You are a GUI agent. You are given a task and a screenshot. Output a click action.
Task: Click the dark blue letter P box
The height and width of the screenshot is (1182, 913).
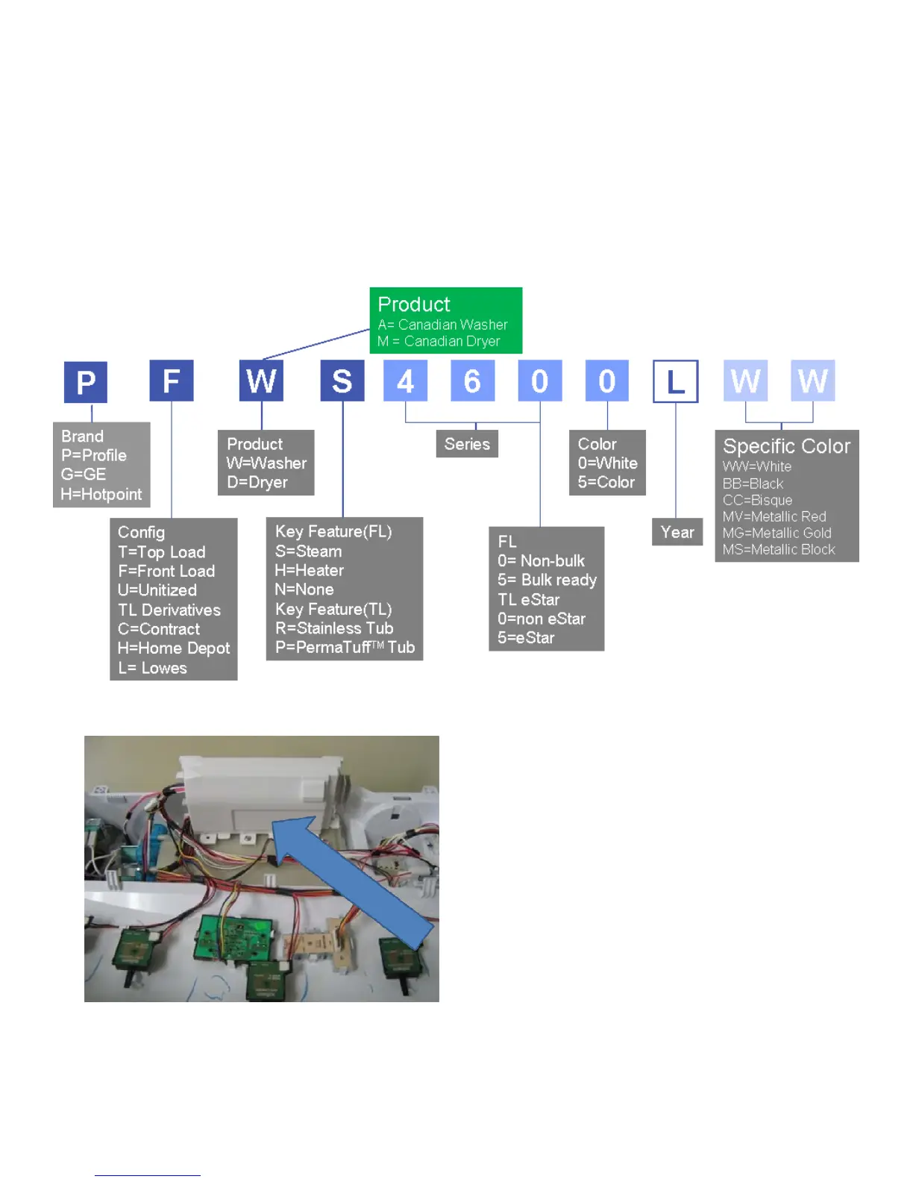86,382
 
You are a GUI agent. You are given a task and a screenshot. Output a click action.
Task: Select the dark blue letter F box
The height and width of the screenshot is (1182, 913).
172,381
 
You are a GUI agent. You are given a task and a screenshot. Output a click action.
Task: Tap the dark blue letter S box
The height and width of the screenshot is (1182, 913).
342,381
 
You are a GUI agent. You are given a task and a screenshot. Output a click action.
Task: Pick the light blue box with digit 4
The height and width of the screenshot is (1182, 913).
405,381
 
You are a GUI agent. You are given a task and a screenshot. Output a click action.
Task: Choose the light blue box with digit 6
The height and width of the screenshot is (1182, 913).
472,381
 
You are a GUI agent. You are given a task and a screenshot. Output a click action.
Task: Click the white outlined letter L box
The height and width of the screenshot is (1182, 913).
676,381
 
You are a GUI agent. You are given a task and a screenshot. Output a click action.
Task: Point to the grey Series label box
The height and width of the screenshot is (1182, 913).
467,444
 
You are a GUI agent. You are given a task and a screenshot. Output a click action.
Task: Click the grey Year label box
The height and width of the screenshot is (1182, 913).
677,532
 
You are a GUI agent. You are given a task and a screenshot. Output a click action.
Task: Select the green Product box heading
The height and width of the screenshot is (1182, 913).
414,304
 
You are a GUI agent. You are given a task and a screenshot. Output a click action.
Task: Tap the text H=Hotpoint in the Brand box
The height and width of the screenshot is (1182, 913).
101,494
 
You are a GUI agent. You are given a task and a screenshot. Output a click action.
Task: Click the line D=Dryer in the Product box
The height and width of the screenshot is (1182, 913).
257,482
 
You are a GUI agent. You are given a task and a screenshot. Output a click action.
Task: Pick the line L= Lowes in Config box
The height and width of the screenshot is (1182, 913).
153,668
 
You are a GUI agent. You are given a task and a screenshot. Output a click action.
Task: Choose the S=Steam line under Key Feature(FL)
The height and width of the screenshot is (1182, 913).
309,551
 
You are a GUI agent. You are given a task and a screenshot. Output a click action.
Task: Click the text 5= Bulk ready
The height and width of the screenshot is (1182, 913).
548,580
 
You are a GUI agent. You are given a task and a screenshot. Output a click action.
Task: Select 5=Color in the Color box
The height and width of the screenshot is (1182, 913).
606,482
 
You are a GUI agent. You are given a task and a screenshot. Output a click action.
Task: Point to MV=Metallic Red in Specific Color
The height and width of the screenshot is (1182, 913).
774,516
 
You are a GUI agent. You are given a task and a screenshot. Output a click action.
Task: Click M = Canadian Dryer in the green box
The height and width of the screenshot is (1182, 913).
439,341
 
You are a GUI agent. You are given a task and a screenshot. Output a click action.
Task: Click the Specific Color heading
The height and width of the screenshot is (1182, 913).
787,446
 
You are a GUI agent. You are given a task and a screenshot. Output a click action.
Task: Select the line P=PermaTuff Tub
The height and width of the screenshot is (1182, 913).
345,647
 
